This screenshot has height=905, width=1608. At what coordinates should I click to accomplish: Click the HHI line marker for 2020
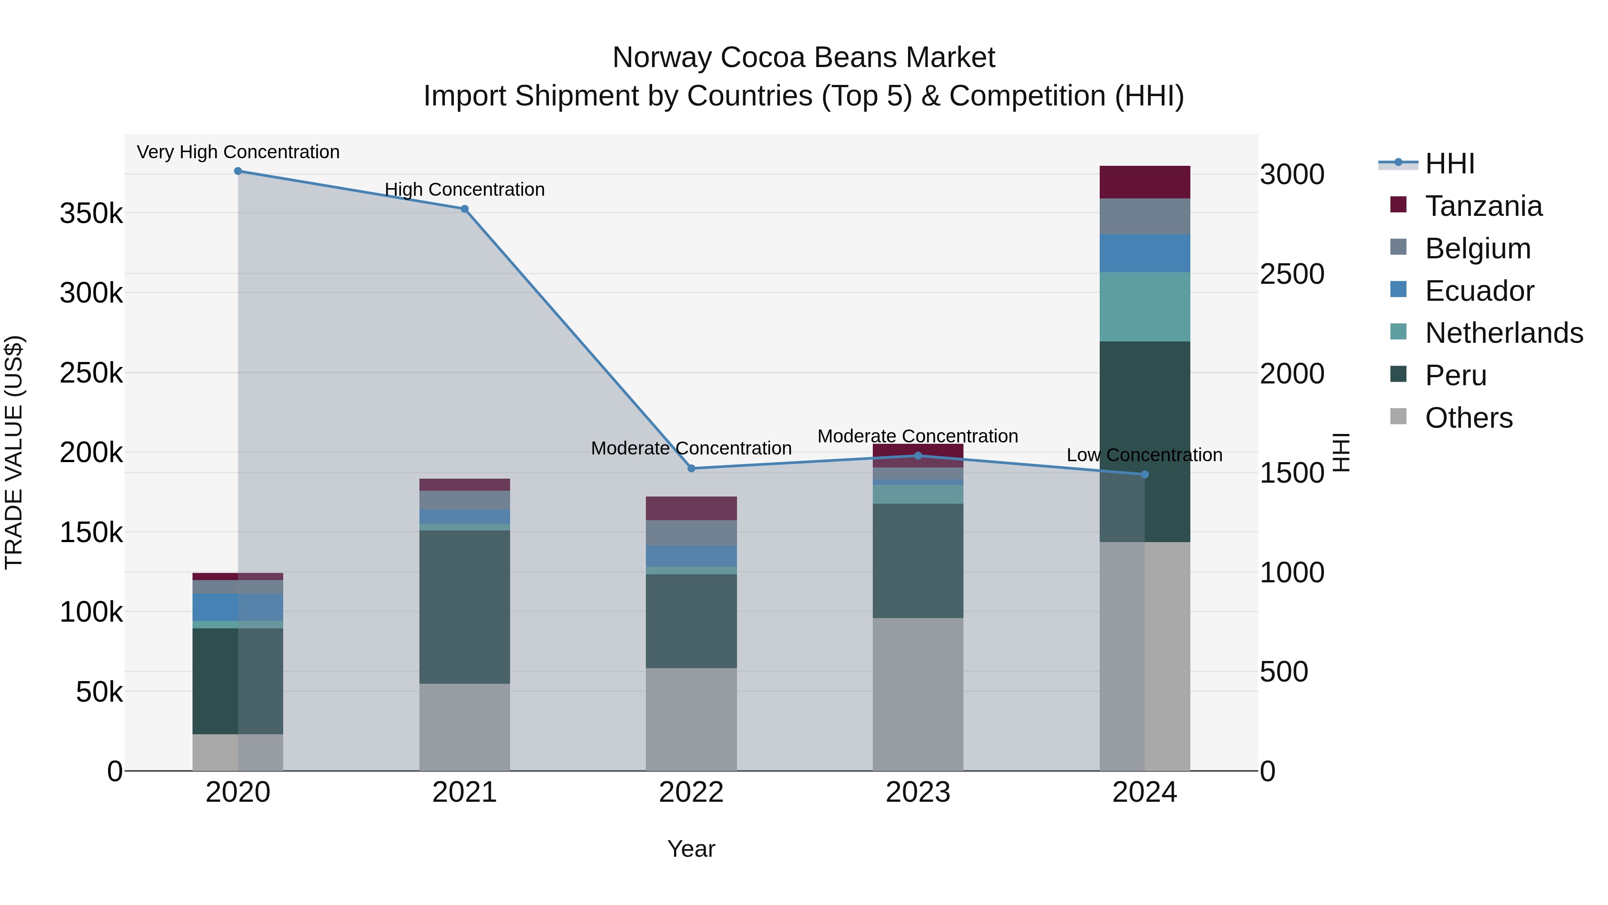coord(238,171)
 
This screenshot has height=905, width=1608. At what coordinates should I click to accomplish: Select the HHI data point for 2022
coord(691,468)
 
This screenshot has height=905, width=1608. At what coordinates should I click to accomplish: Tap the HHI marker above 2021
coord(465,209)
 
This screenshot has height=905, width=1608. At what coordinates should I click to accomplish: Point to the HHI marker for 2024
coord(1144,475)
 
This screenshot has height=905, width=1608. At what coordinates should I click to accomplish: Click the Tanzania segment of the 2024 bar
coord(1144,182)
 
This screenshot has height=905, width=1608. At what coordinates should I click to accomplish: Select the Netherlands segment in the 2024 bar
coord(1144,307)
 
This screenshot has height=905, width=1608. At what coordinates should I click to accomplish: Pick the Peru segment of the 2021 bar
coord(465,606)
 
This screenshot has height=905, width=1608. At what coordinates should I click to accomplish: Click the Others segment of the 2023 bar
coord(917,694)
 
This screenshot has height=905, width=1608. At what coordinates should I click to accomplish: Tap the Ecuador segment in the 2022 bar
coord(691,556)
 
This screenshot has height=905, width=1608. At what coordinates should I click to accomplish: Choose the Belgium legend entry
coord(1478,248)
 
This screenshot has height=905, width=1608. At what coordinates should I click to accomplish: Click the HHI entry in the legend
coord(1449,164)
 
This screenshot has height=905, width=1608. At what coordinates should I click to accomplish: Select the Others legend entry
coord(1468,418)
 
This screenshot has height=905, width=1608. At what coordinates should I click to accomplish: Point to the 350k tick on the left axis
coord(91,214)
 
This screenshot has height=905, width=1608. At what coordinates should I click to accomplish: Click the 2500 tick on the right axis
coord(1291,274)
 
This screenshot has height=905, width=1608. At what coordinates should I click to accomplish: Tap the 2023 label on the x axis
coord(917,792)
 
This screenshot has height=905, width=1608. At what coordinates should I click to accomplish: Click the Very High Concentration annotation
coord(238,152)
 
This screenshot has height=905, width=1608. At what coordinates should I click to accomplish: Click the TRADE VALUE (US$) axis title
coord(14,452)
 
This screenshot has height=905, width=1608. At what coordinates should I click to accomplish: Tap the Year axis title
coord(691,849)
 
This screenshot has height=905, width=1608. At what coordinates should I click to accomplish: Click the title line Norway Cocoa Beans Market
coord(804,58)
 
